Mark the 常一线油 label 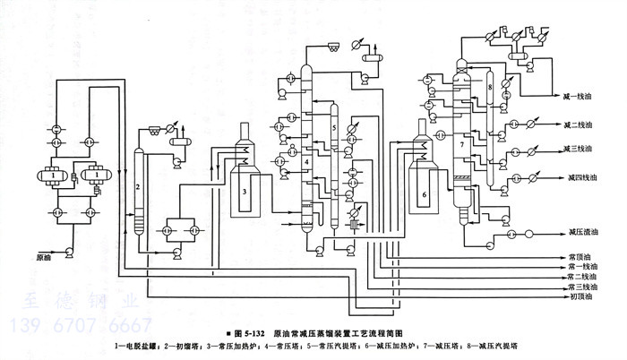(582, 267)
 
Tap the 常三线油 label (582, 287)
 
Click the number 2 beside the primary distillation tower (136, 187)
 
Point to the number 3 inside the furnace (245, 191)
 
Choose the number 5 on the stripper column (333, 129)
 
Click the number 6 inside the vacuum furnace (425, 192)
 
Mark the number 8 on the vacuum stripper (492, 86)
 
